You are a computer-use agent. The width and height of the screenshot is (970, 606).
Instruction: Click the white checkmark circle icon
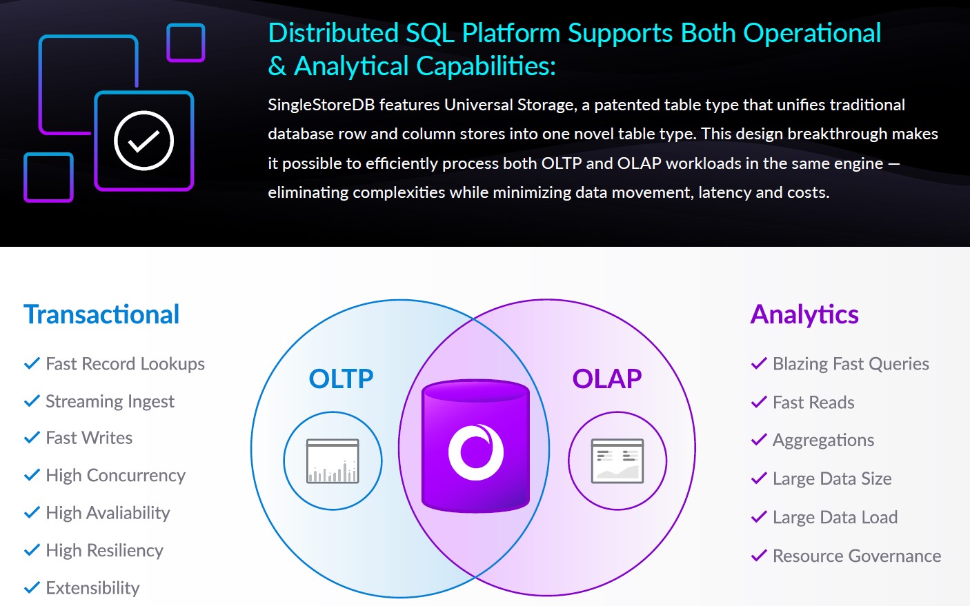pyautogui.click(x=143, y=140)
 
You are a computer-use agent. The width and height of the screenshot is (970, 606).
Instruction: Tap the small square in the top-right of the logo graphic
pyautogui.click(x=186, y=43)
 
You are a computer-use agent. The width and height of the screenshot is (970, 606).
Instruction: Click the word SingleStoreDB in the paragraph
pyautogui.click(x=321, y=105)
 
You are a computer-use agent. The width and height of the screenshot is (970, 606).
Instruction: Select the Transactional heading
pyautogui.click(x=101, y=314)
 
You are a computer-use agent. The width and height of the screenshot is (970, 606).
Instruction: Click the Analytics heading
pyautogui.click(x=804, y=314)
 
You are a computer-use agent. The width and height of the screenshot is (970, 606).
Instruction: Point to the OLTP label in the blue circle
pyautogui.click(x=341, y=378)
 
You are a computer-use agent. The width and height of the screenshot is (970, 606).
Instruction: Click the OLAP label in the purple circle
pyautogui.click(x=607, y=378)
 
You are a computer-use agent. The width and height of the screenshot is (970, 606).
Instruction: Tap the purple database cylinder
pyautogui.click(x=475, y=446)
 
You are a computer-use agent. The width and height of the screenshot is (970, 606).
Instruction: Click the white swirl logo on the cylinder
pyautogui.click(x=476, y=452)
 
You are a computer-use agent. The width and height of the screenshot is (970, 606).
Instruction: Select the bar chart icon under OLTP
pyautogui.click(x=333, y=461)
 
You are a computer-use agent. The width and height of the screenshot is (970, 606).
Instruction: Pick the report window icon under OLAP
pyautogui.click(x=617, y=461)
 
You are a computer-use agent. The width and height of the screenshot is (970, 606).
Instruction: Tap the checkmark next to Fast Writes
pyautogui.click(x=32, y=438)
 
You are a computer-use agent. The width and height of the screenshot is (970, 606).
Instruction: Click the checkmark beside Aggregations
pyautogui.click(x=759, y=439)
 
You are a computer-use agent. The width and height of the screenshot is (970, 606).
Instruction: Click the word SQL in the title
pyautogui.click(x=430, y=33)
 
